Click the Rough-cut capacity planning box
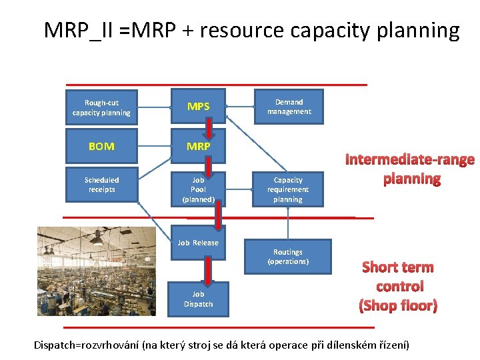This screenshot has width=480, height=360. click(x=101, y=107)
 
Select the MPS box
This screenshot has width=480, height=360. click(x=198, y=106)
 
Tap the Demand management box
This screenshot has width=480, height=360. click(x=289, y=107)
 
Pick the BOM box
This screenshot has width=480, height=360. click(x=101, y=146)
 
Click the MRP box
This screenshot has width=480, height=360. click(x=198, y=146)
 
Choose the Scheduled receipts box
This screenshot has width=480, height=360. click(x=101, y=185)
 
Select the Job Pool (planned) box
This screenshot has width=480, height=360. click(x=198, y=189)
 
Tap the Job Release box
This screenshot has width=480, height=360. click(x=198, y=243)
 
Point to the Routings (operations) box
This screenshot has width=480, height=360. click(x=287, y=257)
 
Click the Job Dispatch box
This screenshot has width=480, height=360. click(x=198, y=299)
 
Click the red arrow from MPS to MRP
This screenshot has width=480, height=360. click(x=209, y=127)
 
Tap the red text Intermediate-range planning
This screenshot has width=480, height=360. click(x=410, y=169)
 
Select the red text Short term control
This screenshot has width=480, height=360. click(x=398, y=286)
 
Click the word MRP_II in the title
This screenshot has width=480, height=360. click(x=78, y=30)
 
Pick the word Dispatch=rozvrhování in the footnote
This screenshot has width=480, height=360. click(x=87, y=345)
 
